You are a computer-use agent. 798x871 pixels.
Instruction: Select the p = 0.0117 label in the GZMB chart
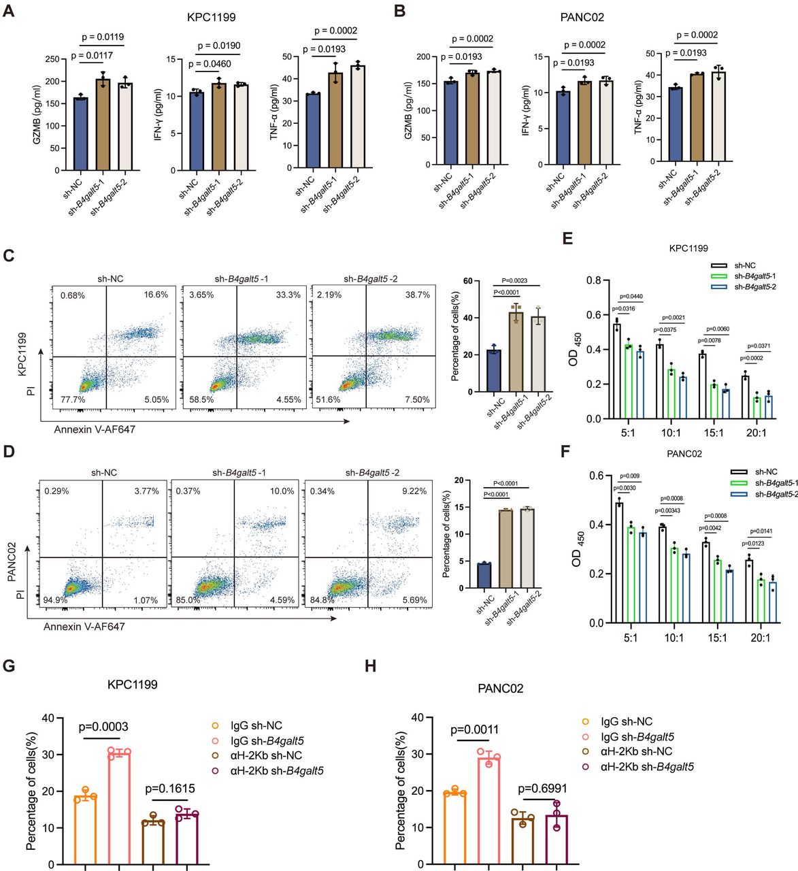(92, 55)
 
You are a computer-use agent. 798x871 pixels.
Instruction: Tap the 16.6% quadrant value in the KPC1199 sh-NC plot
(156, 295)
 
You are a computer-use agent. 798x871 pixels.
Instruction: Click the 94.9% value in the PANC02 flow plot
(55, 600)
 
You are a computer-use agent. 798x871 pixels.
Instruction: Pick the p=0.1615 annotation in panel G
(170, 789)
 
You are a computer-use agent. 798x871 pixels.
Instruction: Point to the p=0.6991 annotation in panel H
(542, 789)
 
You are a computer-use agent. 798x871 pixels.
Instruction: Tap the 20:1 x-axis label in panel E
(756, 433)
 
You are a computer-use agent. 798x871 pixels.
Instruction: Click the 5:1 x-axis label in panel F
(630, 638)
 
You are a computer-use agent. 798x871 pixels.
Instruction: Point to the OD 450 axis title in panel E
(574, 349)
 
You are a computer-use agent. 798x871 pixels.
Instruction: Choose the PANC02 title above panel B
(582, 17)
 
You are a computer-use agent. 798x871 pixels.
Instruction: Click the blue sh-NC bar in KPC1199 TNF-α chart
(312, 130)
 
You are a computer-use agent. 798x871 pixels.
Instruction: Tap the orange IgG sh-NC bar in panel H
(454, 827)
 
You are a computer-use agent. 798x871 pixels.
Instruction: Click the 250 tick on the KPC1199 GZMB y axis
(52, 59)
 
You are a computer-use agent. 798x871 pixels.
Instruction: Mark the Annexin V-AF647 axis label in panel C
(95, 429)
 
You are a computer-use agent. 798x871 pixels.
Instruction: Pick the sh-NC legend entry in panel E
(744, 265)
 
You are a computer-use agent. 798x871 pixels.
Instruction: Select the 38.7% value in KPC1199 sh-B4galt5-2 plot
(417, 295)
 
